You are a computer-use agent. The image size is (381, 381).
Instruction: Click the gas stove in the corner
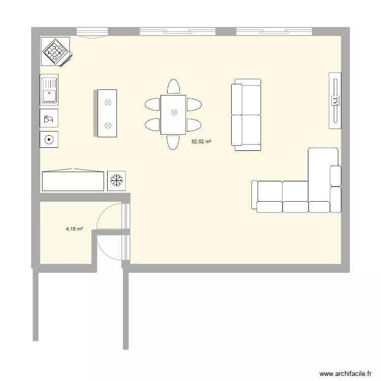pos(55,51)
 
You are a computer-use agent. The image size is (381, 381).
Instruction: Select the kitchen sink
pos(49,90)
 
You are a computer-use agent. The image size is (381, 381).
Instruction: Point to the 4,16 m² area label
pos(74,229)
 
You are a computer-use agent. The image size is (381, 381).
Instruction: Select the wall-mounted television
pos(335,101)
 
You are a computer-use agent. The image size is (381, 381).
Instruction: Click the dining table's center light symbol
pos(173,113)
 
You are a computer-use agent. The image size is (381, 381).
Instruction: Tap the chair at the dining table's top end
pos(173,87)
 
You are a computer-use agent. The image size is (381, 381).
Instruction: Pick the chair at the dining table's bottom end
pos(173,142)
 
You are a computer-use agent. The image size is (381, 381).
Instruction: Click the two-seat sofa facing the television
pos(246,115)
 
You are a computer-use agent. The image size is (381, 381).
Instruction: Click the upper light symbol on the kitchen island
pos(108,103)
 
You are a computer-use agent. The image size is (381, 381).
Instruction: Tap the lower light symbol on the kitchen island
pos(108,125)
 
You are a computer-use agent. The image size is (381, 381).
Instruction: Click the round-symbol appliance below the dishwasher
pos(49,139)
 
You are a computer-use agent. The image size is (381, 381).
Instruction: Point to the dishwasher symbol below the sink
pos(49,118)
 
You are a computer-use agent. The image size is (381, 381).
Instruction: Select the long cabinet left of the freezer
pos(73,180)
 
